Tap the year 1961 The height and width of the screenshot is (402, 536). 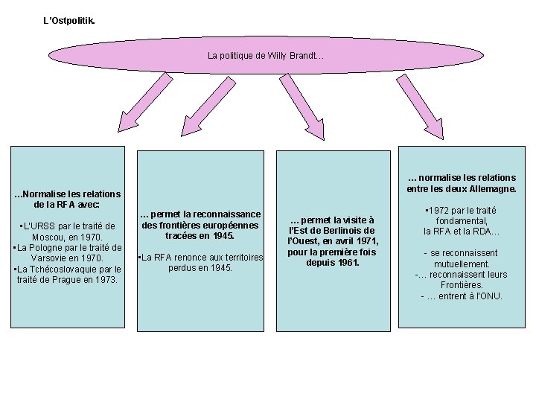click(347, 263)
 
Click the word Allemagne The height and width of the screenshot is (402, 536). click(492, 188)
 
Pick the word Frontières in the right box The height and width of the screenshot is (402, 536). click(462, 285)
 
